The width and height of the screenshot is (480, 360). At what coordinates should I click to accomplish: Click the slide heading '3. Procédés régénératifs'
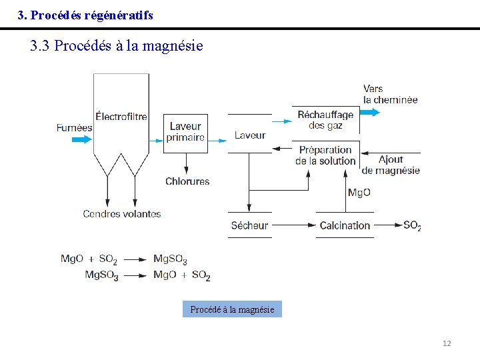pyautogui.click(x=85, y=15)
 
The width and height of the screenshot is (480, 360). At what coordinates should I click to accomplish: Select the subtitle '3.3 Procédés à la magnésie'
pyautogui.click(x=117, y=46)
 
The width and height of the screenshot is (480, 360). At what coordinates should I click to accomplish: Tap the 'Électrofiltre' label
pyautogui.click(x=121, y=117)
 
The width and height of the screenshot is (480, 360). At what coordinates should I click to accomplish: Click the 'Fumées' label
pyautogui.click(x=74, y=127)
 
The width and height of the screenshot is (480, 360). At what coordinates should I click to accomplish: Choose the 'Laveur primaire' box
pyautogui.click(x=185, y=132)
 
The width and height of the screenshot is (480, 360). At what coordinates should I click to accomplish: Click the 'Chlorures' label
pyautogui.click(x=187, y=181)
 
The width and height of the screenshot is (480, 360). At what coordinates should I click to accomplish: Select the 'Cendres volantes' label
pyautogui.click(x=122, y=214)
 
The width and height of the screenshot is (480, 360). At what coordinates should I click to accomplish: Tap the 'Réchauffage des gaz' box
pyautogui.click(x=325, y=120)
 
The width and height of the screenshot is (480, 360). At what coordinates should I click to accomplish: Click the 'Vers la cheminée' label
pyautogui.click(x=390, y=94)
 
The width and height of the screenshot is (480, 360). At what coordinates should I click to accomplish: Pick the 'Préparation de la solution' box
pyautogui.click(x=325, y=155)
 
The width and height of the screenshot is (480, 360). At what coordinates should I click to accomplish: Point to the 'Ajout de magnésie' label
pyautogui.click(x=391, y=165)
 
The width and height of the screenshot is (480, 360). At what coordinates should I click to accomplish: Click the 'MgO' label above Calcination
pyautogui.click(x=359, y=193)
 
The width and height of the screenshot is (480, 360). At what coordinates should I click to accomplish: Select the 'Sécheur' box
pyautogui.click(x=249, y=225)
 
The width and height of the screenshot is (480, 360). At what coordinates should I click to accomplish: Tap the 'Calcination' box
pyautogui.click(x=345, y=225)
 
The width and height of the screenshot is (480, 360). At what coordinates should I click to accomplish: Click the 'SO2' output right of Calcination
pyautogui.click(x=412, y=225)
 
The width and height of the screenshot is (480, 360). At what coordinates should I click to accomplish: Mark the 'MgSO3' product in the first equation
pyautogui.click(x=170, y=259)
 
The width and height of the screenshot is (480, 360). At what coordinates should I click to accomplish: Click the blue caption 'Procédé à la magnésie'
pyautogui.click(x=232, y=309)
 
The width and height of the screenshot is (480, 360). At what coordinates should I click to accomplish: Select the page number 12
pyautogui.click(x=447, y=343)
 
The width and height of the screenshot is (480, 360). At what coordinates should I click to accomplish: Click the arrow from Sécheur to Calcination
pyautogui.click(x=293, y=225)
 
